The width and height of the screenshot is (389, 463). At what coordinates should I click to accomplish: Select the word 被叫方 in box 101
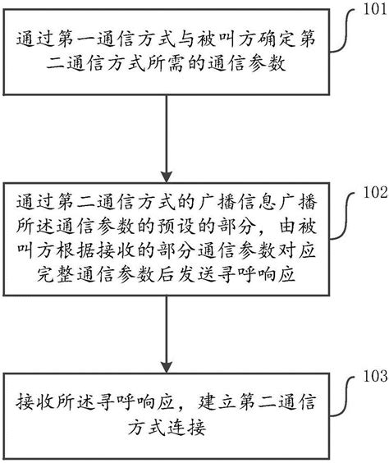point(208,39)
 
